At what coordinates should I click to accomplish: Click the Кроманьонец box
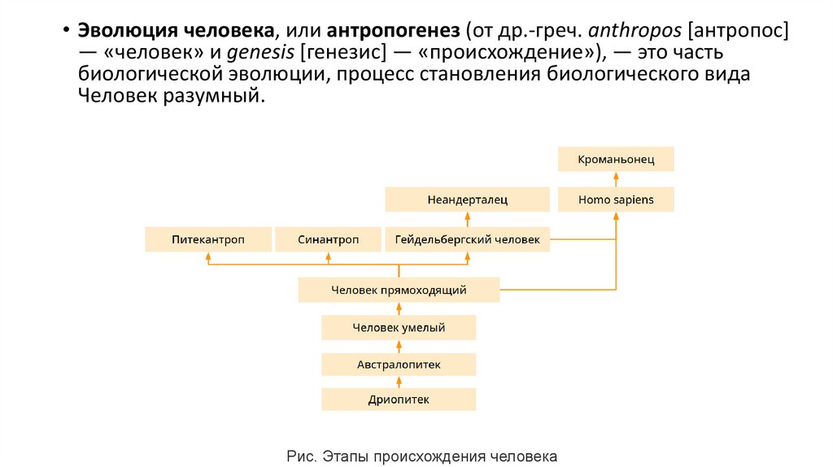point(616,159)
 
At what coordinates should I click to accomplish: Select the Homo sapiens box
point(616,199)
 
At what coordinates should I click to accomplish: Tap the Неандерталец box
point(467,199)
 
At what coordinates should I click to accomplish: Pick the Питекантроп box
point(208,240)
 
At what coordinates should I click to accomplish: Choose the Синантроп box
point(328,240)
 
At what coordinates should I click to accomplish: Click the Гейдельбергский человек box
point(467,240)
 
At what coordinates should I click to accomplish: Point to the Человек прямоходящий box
point(399,289)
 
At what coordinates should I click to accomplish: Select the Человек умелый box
point(399,328)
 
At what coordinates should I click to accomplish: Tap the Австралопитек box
point(399,364)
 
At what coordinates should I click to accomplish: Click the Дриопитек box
point(399,399)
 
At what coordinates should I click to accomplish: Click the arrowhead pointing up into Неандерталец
point(468,216)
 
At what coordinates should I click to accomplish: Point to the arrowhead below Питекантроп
point(208,256)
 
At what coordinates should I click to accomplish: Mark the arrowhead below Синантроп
point(328,256)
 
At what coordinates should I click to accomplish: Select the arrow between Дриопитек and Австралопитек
point(399,382)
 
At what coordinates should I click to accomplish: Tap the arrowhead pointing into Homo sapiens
point(616,216)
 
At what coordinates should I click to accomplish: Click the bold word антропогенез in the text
point(395,32)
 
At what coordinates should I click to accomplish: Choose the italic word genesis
point(261,53)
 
